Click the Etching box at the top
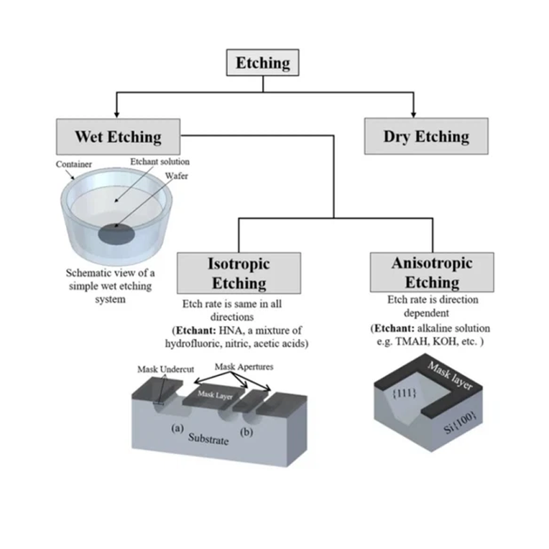(263, 64)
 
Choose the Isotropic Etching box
(238, 272)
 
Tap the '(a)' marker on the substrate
(176, 427)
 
